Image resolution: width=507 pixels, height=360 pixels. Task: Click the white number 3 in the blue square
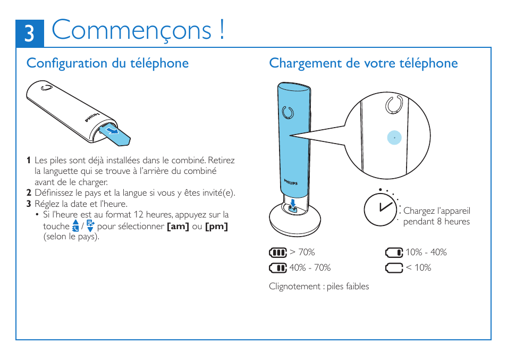tap(29, 34)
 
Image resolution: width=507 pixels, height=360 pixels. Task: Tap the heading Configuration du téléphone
tap(107, 63)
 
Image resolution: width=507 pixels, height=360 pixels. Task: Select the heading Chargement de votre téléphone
tap(363, 63)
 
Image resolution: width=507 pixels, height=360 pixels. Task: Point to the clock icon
tap(379, 209)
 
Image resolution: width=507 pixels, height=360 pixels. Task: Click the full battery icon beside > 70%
tap(277, 252)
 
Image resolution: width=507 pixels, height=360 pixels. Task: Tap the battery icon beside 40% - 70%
tap(277, 267)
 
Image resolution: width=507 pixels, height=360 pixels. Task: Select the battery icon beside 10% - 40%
tap(394, 252)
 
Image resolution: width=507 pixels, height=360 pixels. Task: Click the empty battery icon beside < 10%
tap(394, 267)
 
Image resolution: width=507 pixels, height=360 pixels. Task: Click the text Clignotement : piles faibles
tap(318, 286)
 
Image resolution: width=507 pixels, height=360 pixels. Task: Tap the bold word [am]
tap(178, 227)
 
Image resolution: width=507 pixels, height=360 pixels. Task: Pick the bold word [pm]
tap(216, 227)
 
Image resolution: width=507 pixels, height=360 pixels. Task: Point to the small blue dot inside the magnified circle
tap(394, 137)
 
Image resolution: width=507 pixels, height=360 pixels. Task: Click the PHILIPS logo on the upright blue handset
tap(291, 182)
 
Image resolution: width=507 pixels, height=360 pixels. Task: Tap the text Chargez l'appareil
tap(436, 211)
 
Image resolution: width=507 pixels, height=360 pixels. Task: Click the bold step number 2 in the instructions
tap(29, 193)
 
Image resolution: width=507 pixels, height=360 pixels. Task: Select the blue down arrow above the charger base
tap(293, 203)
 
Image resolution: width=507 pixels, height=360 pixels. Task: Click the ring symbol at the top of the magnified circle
tap(394, 105)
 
